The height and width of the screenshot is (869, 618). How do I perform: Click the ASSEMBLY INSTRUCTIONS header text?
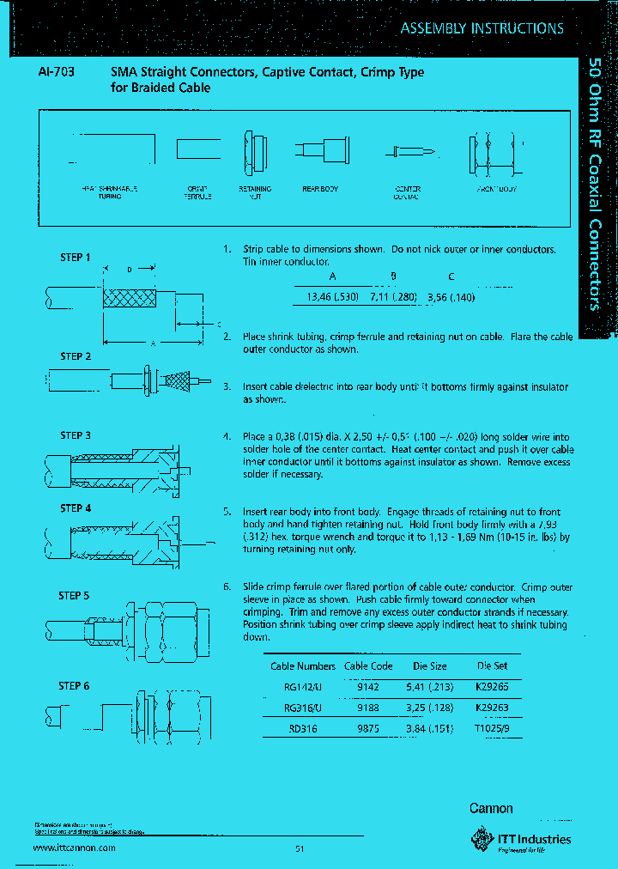point(482,28)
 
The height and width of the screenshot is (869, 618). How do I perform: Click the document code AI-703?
point(56,73)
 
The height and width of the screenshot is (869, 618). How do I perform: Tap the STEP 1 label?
point(75,257)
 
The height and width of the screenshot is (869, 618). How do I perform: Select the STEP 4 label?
point(75,508)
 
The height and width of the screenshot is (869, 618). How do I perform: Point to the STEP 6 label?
point(74,685)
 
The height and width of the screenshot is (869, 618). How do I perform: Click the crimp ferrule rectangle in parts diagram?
point(198,149)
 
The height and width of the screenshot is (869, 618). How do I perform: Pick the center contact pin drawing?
point(411,152)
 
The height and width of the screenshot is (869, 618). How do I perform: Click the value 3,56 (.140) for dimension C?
point(451,297)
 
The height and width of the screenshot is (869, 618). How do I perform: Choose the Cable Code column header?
point(368,665)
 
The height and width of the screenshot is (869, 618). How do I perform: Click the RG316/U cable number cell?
point(302,708)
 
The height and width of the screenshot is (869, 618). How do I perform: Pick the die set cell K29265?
point(492,687)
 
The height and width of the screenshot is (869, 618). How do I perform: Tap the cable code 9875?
point(368,728)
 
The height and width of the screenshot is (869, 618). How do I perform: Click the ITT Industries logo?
point(520,838)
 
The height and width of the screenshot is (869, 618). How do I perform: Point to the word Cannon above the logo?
point(491,808)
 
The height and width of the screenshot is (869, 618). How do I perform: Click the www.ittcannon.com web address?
point(74,848)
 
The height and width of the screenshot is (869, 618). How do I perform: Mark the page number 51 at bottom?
point(300,849)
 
